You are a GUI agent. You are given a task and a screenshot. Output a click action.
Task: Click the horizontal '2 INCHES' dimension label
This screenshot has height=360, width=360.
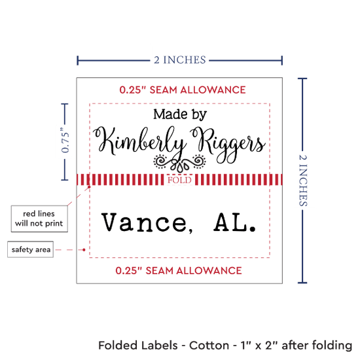tap(180, 60)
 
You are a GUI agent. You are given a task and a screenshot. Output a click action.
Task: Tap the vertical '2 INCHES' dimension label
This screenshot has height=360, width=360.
tap(302, 181)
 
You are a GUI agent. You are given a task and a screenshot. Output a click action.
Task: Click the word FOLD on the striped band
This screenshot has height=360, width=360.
tap(179, 180)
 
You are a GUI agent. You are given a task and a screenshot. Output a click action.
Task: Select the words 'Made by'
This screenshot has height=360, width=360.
tap(180, 115)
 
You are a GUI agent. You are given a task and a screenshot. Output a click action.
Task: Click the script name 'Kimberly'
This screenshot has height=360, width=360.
tap(139, 141)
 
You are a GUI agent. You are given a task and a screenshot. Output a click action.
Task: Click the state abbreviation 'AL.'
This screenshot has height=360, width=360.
tap(234, 222)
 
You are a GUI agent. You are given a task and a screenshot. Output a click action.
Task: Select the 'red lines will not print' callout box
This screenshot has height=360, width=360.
tap(39, 219)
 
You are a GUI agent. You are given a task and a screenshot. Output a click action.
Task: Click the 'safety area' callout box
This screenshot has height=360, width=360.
tap(30, 249)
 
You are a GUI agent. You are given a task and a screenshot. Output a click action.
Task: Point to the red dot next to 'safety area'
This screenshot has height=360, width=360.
tap(84, 249)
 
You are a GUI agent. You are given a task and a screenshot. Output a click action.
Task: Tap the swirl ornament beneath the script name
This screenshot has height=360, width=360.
tap(179, 162)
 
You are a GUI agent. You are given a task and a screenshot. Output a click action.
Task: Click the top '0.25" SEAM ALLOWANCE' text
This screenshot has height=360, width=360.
tap(183, 90)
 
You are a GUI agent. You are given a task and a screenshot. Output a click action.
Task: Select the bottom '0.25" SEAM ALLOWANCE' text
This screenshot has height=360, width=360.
tap(179, 271)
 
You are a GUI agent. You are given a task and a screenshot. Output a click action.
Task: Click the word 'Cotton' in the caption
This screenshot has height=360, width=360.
tap(209, 346)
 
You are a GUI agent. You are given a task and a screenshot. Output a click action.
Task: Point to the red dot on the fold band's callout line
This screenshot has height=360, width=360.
tap(89, 187)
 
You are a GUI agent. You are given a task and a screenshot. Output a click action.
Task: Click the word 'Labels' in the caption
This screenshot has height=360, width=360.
tap(159, 346)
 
